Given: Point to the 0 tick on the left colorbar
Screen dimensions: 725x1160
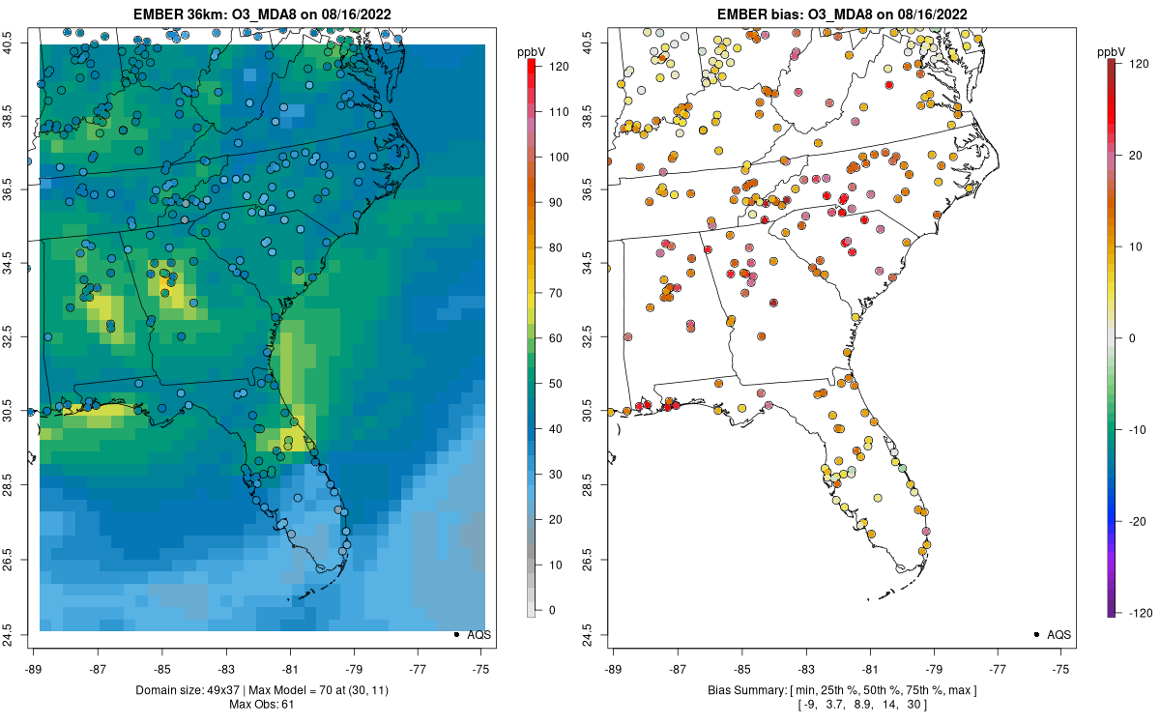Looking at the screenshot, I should [551, 610].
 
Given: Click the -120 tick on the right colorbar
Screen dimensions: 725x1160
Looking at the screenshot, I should [1137, 613].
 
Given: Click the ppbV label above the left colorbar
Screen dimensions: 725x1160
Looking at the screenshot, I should [532, 50].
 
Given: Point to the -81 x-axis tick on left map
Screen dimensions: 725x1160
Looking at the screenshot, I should [290, 668].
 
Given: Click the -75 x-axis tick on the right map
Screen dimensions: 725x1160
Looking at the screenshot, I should [1061, 668].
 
